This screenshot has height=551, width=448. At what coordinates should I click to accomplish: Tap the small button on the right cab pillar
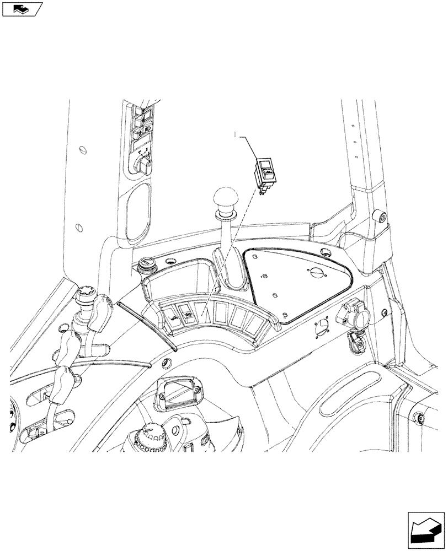(x=380, y=217)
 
